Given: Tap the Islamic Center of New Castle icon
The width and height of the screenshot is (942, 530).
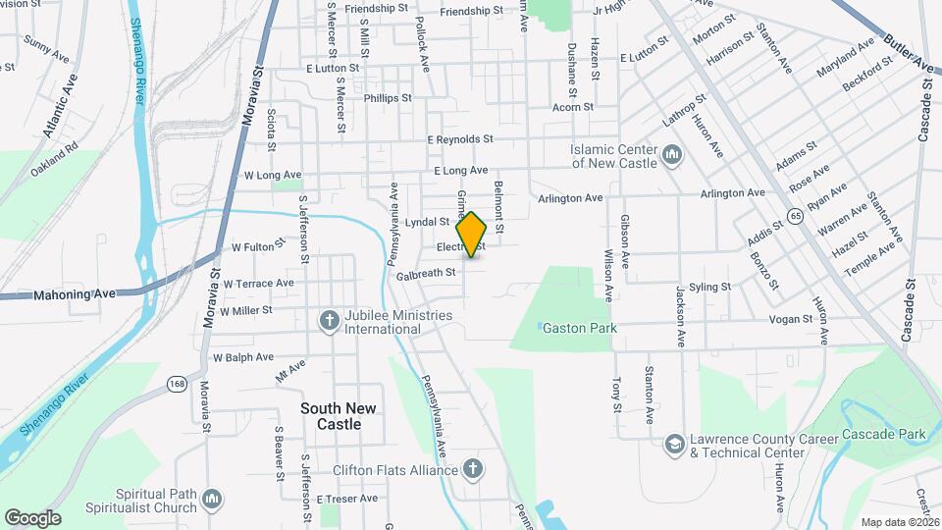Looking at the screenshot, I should pyautogui.click(x=673, y=156).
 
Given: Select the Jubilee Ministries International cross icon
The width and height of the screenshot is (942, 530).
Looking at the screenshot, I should pyautogui.click(x=329, y=321).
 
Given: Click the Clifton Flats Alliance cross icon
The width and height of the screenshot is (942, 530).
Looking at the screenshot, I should pyautogui.click(x=473, y=469).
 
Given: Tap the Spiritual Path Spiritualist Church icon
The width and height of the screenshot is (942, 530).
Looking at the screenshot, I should pyautogui.click(x=212, y=502).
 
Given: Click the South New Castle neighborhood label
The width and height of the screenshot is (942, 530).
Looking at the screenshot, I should pyautogui.click(x=331, y=416).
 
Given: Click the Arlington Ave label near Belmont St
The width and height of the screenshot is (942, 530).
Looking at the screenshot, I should pyautogui.click(x=570, y=198).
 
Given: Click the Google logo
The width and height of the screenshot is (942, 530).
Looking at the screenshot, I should pyautogui.click(x=32, y=517).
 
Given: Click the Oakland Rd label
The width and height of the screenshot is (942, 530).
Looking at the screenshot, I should pyautogui.click(x=54, y=161).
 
